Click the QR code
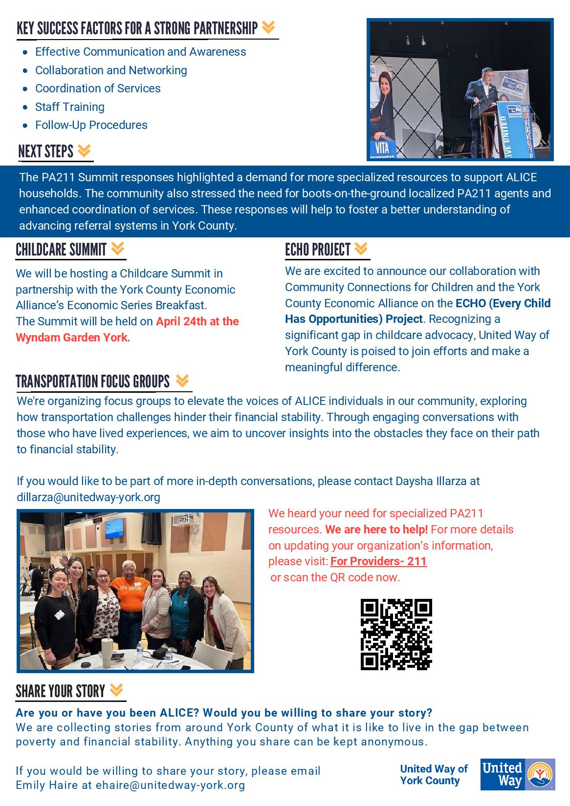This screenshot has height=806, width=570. [x=396, y=634]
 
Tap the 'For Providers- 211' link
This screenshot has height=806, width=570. [x=379, y=561]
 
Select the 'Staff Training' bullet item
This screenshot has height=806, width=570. [x=69, y=107]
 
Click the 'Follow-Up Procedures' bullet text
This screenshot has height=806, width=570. [x=91, y=125]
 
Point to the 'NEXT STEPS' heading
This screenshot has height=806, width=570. [x=46, y=151]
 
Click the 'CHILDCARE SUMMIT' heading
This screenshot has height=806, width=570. [x=61, y=250]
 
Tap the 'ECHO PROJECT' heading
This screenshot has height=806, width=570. [x=318, y=250]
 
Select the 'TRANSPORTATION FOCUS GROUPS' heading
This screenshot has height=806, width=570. [x=93, y=382]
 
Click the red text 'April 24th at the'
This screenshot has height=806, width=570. [x=197, y=321]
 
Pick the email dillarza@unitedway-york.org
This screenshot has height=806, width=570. [x=88, y=497]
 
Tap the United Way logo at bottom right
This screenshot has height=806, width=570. [x=518, y=774]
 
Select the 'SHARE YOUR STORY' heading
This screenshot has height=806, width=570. [x=61, y=691]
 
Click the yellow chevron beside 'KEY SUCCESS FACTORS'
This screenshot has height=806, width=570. [x=268, y=28]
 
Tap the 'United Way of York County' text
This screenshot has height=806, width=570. [x=433, y=774]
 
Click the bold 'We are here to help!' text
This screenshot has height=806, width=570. [x=376, y=530]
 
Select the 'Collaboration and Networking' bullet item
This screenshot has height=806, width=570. [x=111, y=70]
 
